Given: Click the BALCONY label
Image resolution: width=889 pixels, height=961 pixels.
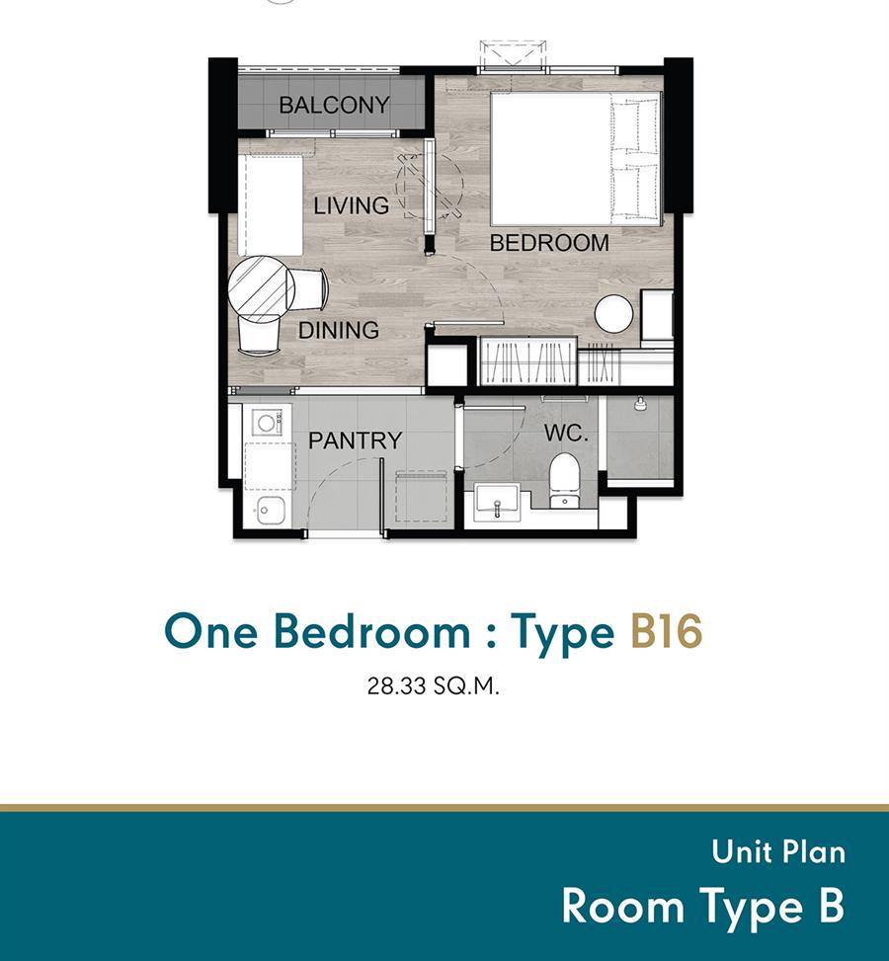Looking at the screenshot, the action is [x=334, y=105].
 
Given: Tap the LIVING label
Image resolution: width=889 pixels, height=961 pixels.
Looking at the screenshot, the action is [x=352, y=205].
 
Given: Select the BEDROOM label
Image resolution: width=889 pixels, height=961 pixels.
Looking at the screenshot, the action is [x=549, y=243].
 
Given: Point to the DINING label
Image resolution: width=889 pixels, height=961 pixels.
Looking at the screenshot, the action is [x=339, y=330].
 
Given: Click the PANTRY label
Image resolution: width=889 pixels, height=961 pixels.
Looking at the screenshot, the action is [x=355, y=440].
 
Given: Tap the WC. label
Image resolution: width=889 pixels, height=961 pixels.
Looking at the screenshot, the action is [x=566, y=434].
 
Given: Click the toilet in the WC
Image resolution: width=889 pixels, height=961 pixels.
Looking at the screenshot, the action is [x=564, y=481].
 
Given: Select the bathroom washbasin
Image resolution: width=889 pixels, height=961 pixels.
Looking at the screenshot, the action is [x=497, y=502].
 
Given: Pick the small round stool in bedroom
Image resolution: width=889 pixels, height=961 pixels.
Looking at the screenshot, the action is [x=613, y=314].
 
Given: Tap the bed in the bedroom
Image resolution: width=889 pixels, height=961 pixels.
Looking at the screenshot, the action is [x=576, y=159].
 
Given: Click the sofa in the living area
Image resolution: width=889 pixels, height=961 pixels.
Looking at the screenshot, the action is [x=271, y=204].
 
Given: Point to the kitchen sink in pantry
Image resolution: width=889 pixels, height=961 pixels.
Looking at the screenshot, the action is [x=270, y=510].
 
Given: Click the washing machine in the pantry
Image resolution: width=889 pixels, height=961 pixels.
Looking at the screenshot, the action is [x=267, y=423].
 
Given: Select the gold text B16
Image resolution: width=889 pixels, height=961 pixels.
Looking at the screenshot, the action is [x=666, y=631].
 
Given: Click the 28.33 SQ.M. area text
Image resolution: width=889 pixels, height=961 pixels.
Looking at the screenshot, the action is [x=434, y=685].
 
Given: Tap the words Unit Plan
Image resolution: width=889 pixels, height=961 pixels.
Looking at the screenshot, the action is [x=778, y=852].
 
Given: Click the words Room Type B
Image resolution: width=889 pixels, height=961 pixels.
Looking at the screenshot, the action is [x=702, y=906].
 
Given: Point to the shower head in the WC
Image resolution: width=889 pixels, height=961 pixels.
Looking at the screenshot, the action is [x=640, y=403].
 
